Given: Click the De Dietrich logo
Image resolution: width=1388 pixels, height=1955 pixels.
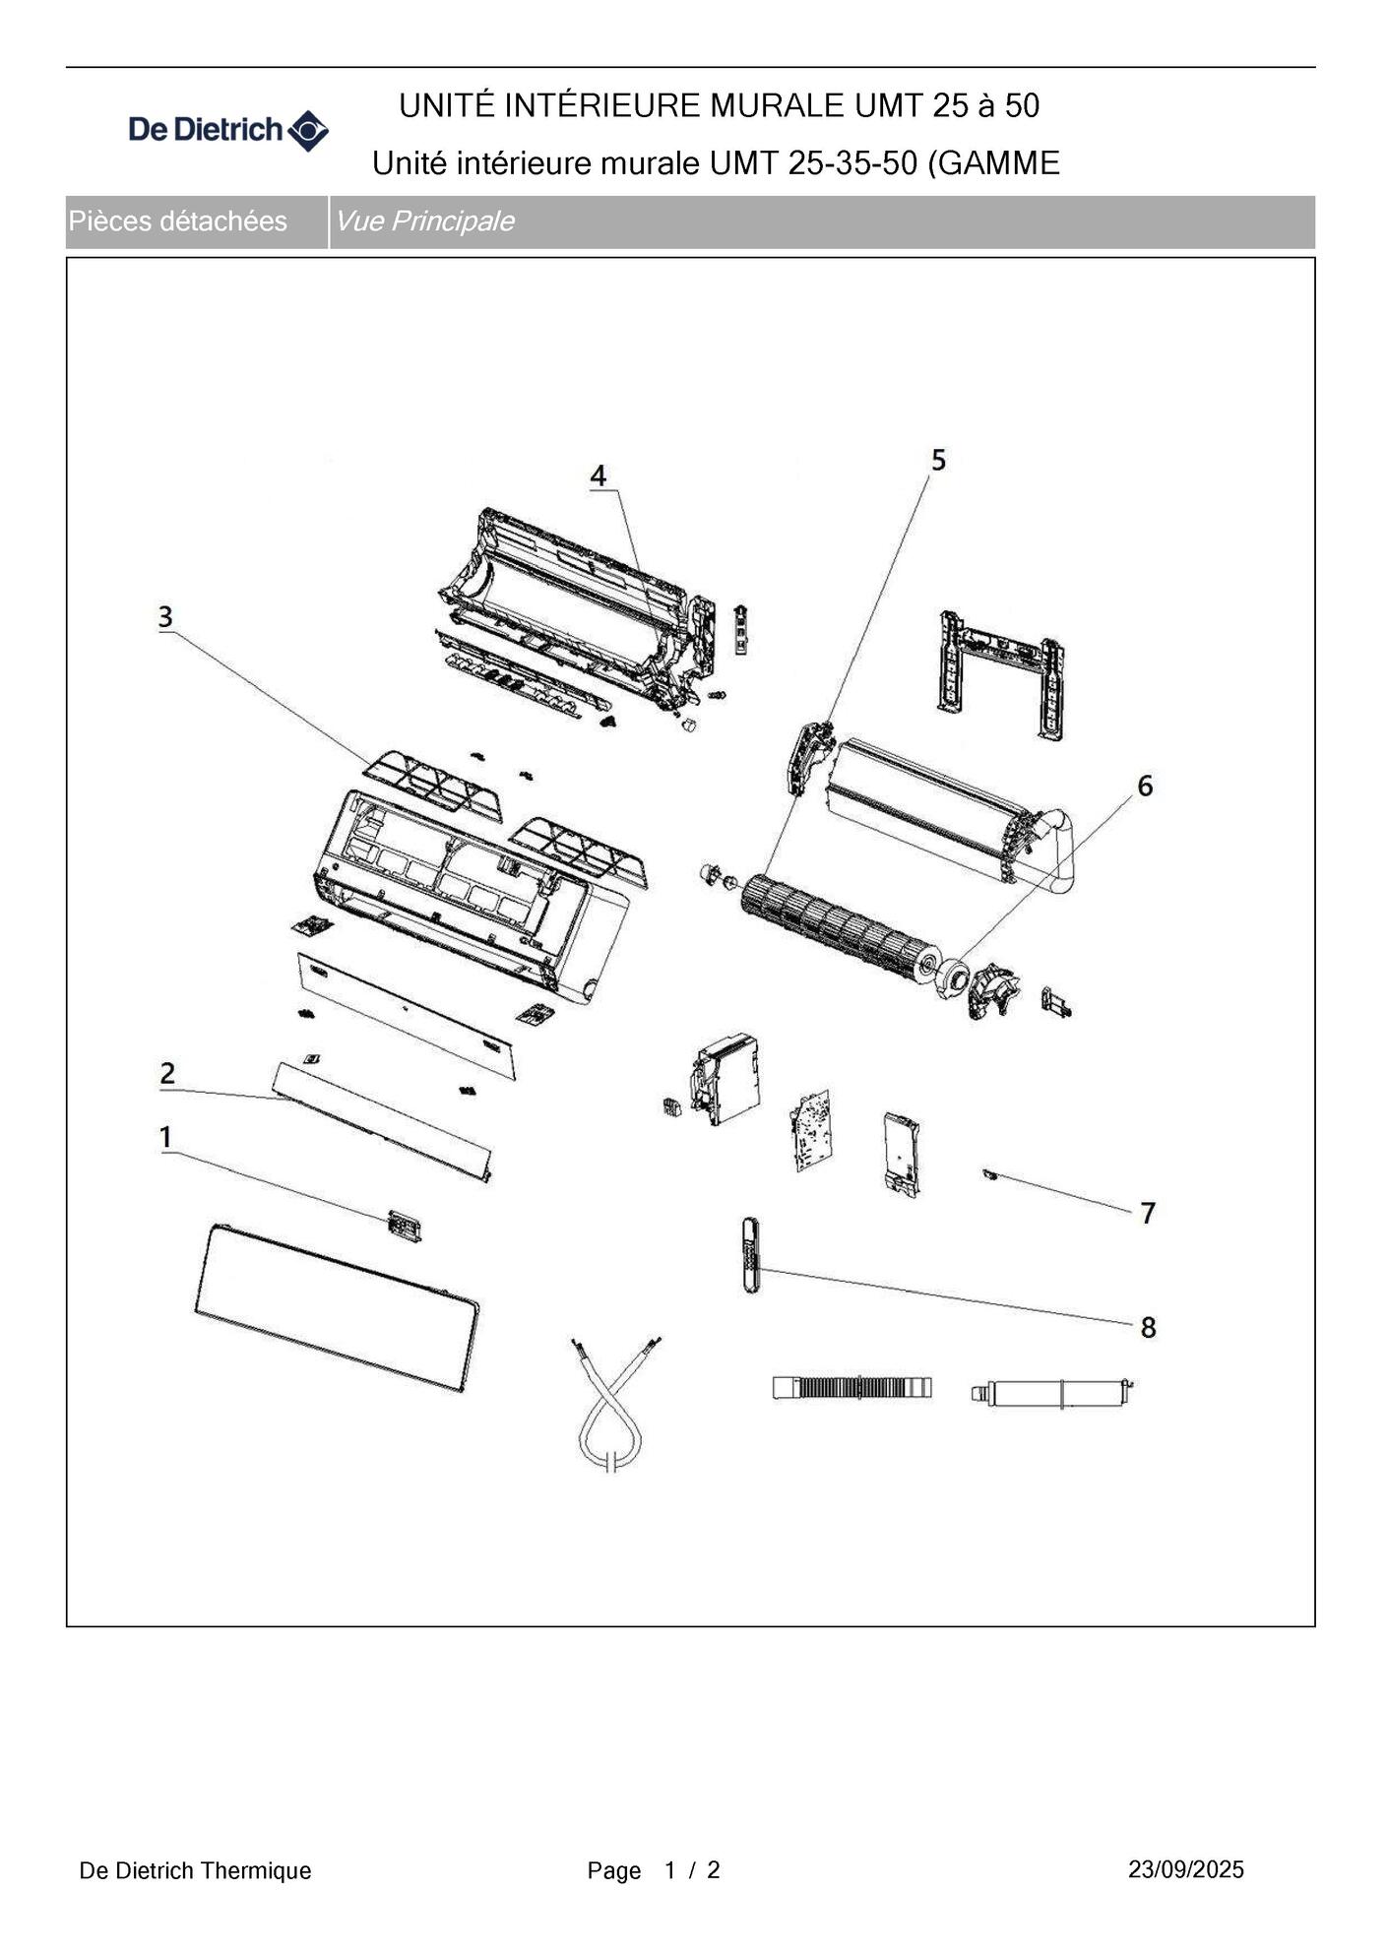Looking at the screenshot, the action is [228, 130].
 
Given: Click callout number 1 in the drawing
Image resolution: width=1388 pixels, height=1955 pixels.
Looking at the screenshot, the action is [166, 1137].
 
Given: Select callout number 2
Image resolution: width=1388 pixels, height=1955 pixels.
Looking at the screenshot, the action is [167, 1073].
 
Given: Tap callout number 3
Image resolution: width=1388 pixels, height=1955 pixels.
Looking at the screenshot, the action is [165, 617].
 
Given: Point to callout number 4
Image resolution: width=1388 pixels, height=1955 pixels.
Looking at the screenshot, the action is [599, 476].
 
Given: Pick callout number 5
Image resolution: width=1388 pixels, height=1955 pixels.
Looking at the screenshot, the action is [938, 460].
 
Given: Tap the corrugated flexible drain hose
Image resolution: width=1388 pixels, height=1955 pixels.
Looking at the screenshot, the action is [852, 1388].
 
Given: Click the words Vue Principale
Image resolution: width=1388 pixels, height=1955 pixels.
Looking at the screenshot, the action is [424, 221].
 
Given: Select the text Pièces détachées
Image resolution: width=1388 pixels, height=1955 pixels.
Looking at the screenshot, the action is [178, 221].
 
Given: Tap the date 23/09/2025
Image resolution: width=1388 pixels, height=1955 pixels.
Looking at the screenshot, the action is [1186, 1869].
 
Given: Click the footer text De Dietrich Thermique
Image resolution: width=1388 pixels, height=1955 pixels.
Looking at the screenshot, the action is [195, 1870].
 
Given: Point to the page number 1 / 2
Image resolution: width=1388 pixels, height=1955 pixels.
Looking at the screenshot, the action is [692, 1869].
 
